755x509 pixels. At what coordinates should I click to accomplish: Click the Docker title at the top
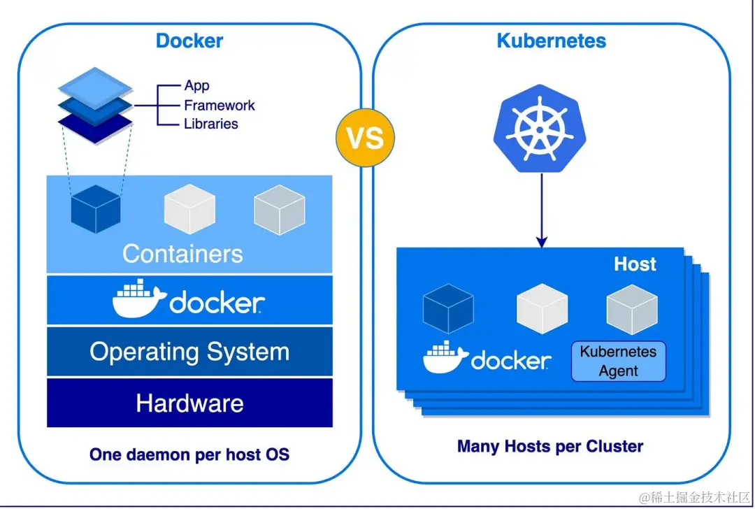(x=189, y=40)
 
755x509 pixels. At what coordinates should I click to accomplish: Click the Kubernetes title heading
(x=551, y=40)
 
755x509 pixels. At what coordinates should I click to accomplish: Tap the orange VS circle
(x=366, y=137)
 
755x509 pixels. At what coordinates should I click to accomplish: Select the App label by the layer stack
(x=196, y=86)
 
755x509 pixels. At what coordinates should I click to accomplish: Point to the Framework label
(x=219, y=106)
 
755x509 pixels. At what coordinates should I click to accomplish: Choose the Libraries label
(x=210, y=124)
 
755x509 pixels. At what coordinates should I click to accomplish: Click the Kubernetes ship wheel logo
(x=540, y=131)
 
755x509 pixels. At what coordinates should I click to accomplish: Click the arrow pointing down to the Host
(x=541, y=209)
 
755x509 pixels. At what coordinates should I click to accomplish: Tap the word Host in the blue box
(x=635, y=264)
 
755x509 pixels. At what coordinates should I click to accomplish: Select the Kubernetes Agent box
(x=619, y=361)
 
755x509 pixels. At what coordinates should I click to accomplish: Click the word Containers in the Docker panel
(x=182, y=253)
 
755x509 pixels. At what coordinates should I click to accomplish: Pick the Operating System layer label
(x=189, y=352)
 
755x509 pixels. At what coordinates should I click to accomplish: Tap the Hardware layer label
(x=189, y=403)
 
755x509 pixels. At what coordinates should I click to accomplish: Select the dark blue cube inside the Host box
(x=448, y=308)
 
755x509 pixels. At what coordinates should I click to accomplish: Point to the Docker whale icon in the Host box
(x=445, y=358)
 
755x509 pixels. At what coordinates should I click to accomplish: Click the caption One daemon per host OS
(x=189, y=454)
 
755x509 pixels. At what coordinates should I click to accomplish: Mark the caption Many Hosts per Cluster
(x=550, y=446)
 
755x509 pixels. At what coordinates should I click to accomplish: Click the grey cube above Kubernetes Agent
(x=631, y=308)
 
